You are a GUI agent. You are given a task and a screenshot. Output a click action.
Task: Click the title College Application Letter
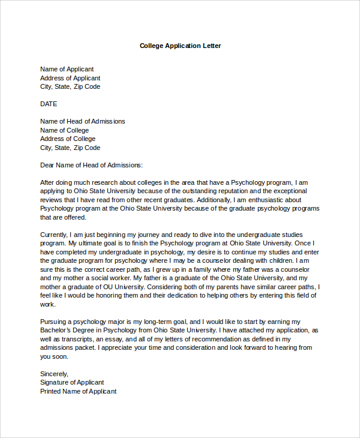180,46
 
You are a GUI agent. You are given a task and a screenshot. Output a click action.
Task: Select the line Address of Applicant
70,78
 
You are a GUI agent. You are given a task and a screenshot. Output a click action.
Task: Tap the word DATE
49,104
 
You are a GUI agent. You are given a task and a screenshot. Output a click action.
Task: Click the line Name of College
64,130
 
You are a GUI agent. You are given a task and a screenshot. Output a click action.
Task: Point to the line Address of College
68,139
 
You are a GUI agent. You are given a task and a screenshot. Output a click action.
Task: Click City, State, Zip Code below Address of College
70,148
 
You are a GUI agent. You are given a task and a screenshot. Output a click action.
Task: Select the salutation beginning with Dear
91,165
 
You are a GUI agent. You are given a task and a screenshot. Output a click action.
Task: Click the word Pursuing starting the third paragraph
55,322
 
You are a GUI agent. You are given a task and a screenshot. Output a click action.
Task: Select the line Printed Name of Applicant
78,391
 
